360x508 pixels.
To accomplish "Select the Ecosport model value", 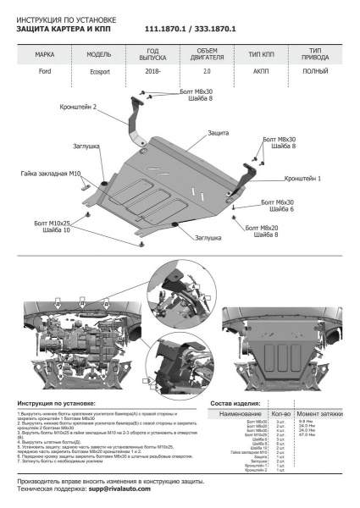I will tap(99, 74).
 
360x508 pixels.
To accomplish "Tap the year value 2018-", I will tap(152, 74).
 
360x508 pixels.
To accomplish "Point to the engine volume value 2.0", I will tap(207, 74).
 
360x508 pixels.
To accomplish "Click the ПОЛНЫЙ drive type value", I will tap(315, 74).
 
